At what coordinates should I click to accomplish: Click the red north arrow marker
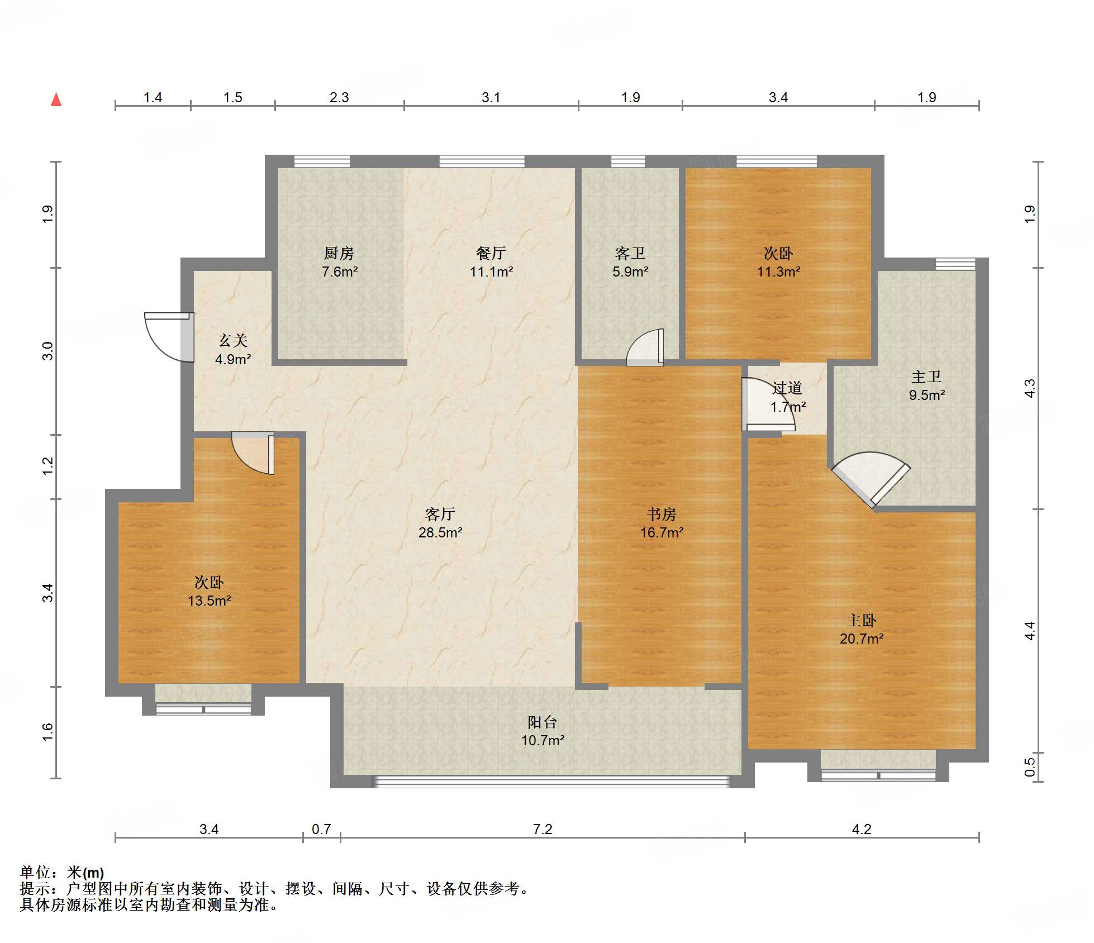[56, 99]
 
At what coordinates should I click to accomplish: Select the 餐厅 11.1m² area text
[491, 262]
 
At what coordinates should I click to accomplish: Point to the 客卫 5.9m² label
[630, 262]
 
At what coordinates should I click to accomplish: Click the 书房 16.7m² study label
[662, 523]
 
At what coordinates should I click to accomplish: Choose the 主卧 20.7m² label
[861, 629]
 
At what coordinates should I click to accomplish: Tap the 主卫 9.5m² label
[926, 385]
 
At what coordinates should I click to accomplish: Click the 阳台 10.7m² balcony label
[543, 731]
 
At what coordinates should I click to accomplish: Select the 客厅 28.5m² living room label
[440, 523]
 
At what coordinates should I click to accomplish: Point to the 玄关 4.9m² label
[232, 350]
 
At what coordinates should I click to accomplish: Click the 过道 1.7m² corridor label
[788, 397]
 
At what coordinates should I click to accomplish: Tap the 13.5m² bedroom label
[209, 591]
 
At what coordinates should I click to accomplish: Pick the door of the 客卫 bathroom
[645, 347]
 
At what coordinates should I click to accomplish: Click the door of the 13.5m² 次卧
[253, 453]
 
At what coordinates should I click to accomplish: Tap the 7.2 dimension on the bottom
[543, 829]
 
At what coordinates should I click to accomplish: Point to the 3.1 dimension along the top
[491, 97]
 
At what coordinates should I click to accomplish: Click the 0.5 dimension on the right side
[1029, 766]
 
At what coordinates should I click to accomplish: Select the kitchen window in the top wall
[322, 161]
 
